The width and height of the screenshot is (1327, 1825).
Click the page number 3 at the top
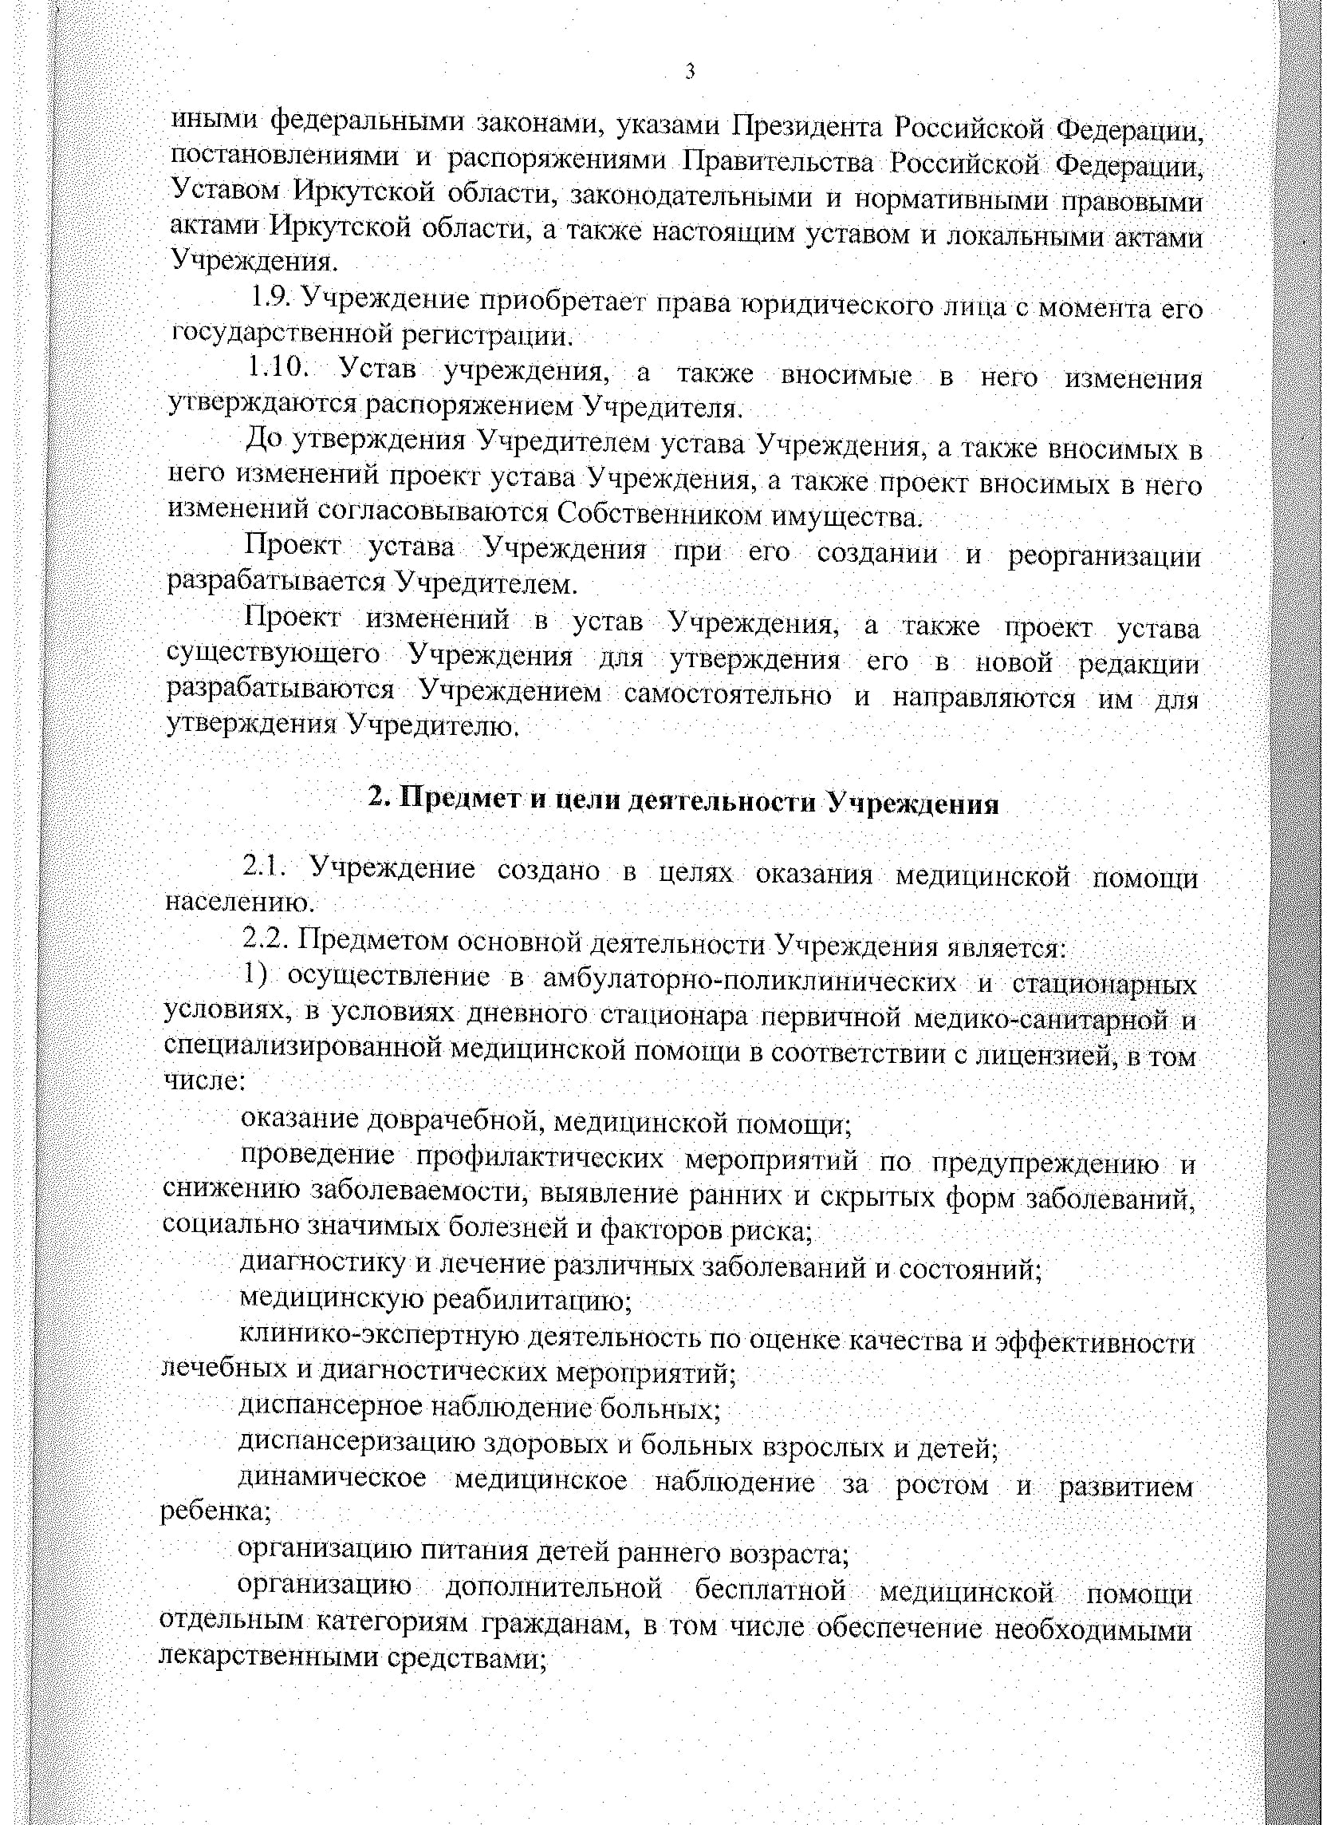pos(689,73)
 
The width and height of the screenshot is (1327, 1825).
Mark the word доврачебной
pos(454,1120)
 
